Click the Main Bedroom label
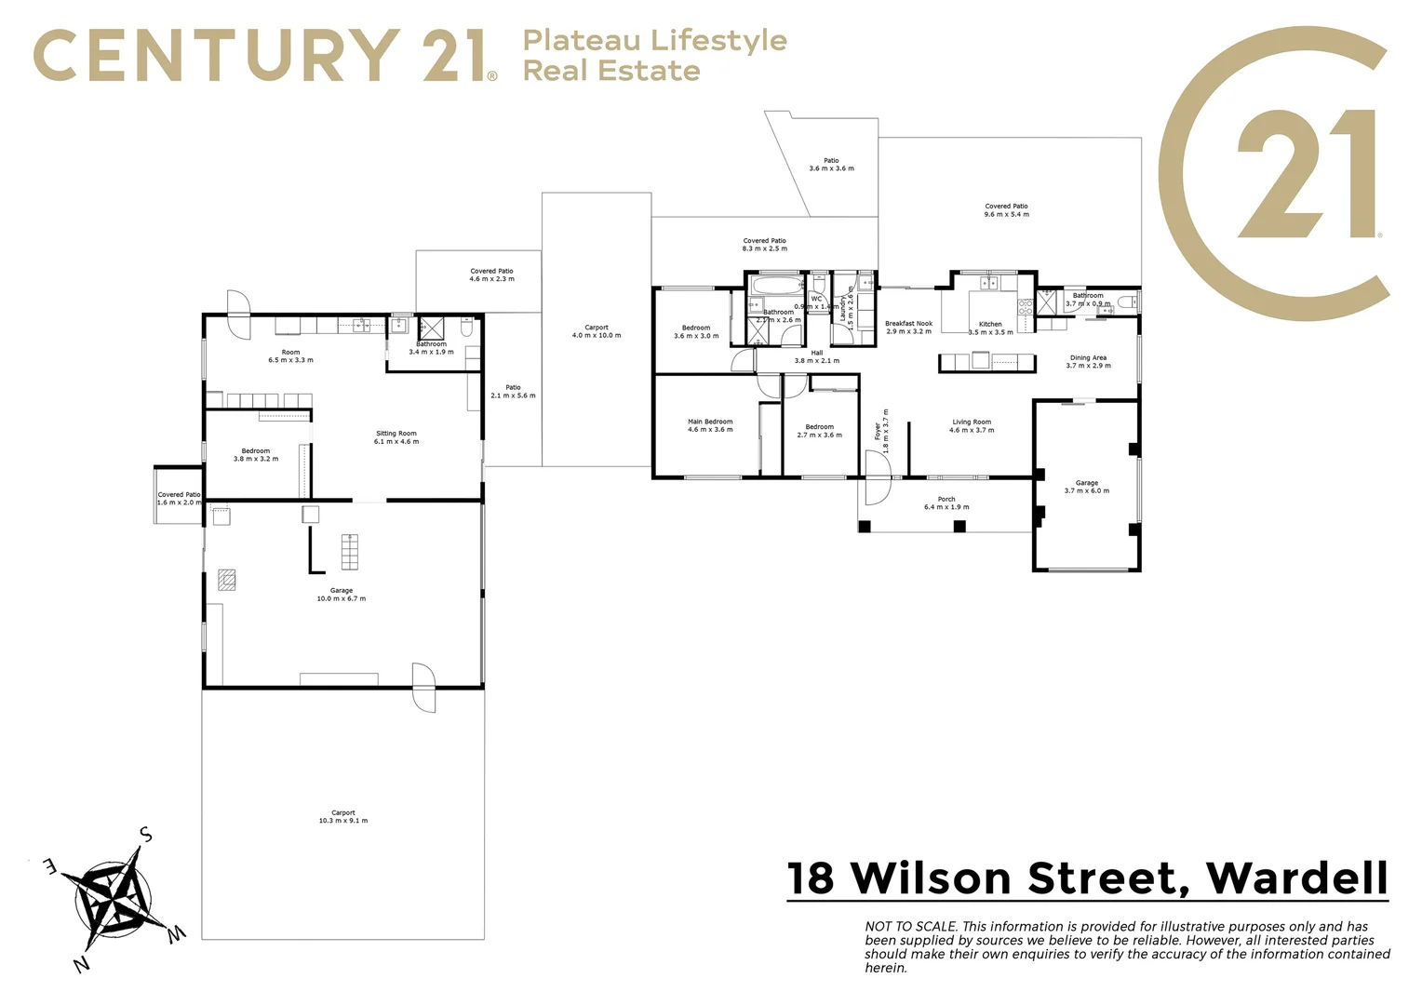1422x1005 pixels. [710, 426]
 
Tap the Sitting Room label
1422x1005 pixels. [396, 437]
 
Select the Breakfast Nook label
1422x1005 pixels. [908, 328]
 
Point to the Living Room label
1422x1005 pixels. [972, 426]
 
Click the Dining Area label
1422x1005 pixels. [1088, 362]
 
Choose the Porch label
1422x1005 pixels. [946, 503]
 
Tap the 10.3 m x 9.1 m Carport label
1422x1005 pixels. [343, 816]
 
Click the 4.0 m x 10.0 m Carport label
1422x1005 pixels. [597, 331]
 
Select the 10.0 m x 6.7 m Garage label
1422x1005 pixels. [342, 595]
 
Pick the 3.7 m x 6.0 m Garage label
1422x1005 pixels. [1087, 487]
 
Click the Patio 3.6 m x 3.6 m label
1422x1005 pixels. [831, 165]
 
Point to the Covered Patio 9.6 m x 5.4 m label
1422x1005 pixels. [1006, 210]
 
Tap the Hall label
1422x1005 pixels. [816, 356]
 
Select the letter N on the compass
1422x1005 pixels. [82, 965]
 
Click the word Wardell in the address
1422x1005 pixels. [1296, 878]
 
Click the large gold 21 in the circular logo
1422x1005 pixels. [1306, 174]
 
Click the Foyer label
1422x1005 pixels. [877, 430]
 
